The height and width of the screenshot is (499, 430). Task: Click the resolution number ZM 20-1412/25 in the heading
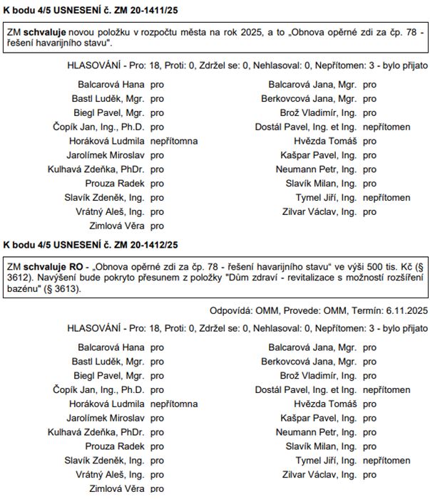[141, 244]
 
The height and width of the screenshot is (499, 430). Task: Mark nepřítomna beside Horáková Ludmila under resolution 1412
[173, 404]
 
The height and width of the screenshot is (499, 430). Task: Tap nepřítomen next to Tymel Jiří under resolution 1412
[387, 461]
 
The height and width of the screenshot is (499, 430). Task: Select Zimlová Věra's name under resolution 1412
[116, 489]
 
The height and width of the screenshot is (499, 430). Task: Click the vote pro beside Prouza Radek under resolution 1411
[157, 183]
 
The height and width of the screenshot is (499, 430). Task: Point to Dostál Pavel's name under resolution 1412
[306, 389]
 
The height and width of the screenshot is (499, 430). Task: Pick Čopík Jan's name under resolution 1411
[98, 127]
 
